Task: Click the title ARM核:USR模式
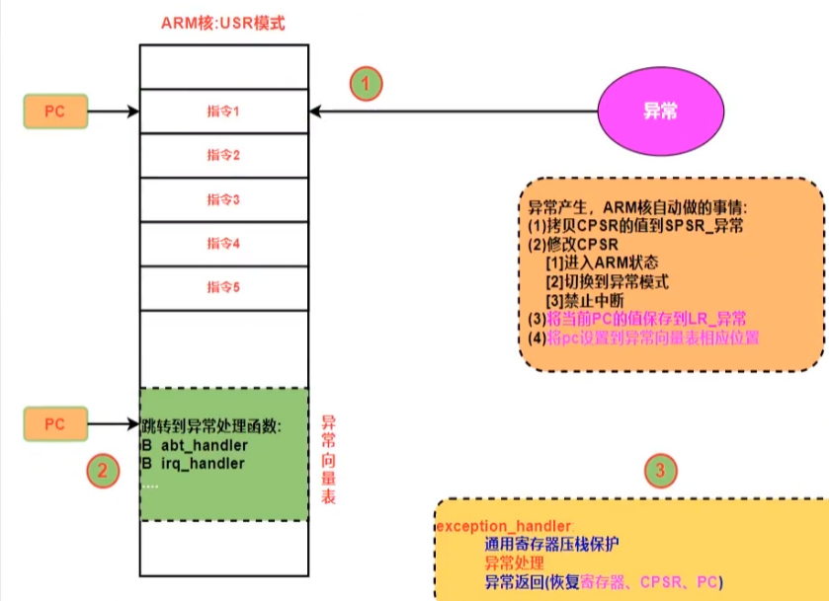(x=222, y=22)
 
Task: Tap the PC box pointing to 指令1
(x=54, y=113)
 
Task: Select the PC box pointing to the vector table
(x=54, y=424)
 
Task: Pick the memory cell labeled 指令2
(x=224, y=155)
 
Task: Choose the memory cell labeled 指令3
(x=224, y=199)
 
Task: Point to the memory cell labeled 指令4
(x=224, y=243)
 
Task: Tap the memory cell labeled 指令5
(x=224, y=287)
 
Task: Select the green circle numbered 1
(x=366, y=84)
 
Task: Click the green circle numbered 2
(x=101, y=471)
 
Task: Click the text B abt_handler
(x=194, y=445)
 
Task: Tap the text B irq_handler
(x=193, y=463)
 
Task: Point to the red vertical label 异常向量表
(x=329, y=460)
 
